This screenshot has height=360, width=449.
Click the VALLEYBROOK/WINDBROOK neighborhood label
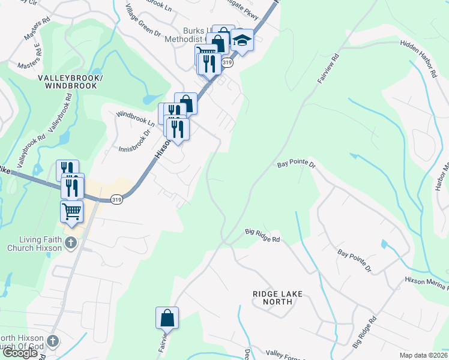67,82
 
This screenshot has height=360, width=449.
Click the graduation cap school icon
243,41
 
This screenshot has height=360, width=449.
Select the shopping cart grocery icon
71,211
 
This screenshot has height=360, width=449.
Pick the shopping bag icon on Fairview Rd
167,317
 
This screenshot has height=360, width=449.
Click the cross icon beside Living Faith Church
71,244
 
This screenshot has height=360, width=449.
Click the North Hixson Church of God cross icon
53,341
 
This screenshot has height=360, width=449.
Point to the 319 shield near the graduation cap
228,62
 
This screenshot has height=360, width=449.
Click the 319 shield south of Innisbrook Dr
116,199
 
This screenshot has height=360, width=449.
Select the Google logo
20,353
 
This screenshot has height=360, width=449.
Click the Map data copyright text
423,355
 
